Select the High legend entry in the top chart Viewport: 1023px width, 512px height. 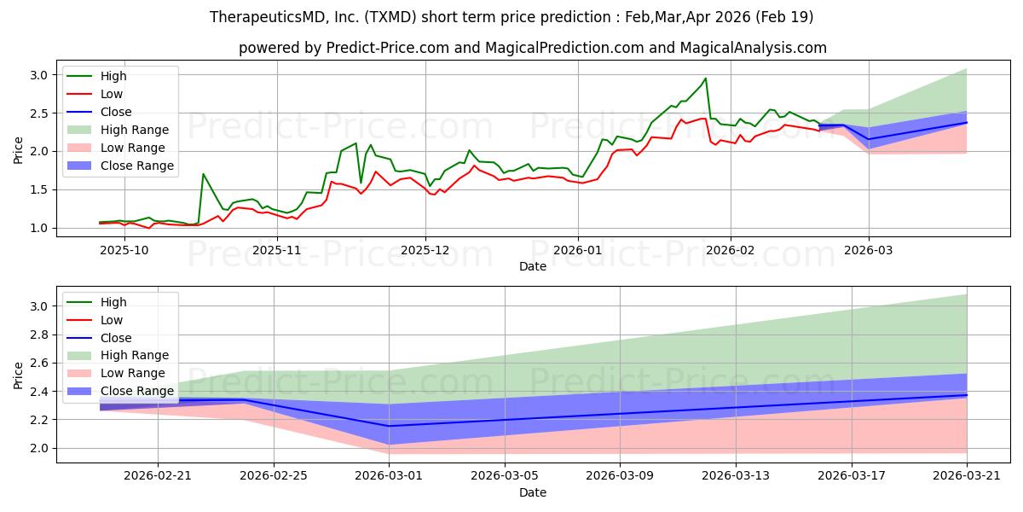[x=113, y=76]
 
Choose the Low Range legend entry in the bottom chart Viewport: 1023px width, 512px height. [x=133, y=374]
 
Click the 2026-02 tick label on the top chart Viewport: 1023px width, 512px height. [x=730, y=250]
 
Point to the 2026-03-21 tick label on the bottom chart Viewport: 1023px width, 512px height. [x=966, y=475]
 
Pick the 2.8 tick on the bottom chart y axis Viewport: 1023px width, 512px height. [x=40, y=335]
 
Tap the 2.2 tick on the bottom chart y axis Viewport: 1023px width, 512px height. [x=40, y=420]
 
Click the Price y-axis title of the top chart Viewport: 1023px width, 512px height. [x=18, y=151]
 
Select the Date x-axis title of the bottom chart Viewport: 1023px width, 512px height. [x=533, y=492]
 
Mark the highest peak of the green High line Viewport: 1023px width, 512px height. [x=705, y=79]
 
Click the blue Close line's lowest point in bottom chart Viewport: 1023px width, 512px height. [x=390, y=426]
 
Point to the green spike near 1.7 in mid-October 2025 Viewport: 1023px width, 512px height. [x=203, y=174]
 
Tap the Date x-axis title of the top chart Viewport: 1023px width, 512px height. [x=533, y=266]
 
